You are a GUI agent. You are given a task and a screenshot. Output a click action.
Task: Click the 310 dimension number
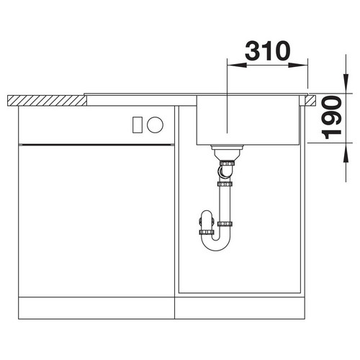click(x=268, y=50)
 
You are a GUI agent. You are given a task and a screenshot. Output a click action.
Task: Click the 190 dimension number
click(x=332, y=117)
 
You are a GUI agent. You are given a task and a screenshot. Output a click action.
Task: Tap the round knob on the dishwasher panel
click(x=155, y=125)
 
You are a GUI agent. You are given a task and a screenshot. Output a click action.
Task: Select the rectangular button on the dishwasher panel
click(x=138, y=125)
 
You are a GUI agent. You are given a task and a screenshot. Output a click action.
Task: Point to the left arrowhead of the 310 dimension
click(x=237, y=65)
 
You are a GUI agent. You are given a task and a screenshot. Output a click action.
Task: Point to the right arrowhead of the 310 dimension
click(x=298, y=65)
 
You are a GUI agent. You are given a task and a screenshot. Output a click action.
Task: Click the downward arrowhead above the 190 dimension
click(x=346, y=84)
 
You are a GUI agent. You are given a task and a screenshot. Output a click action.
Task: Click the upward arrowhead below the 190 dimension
click(x=346, y=153)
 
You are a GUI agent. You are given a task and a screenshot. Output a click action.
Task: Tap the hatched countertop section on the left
click(x=47, y=101)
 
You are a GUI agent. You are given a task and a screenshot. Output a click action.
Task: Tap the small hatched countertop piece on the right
click(x=310, y=101)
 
